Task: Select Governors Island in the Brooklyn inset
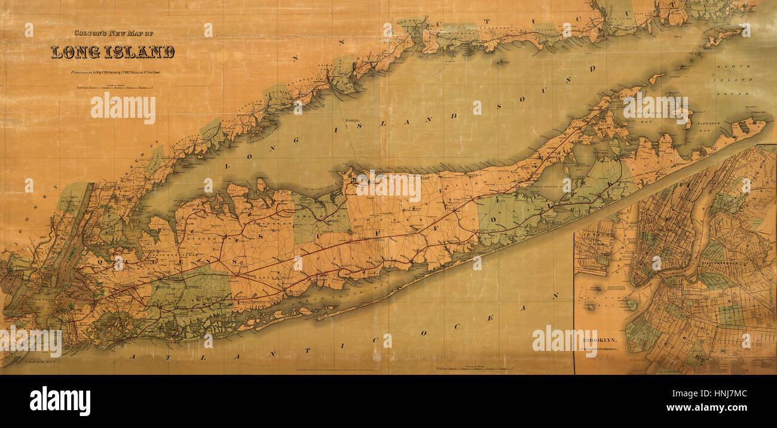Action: pyautogui.click(x=631, y=305)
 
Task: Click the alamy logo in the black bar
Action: pyautogui.click(x=60, y=401)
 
